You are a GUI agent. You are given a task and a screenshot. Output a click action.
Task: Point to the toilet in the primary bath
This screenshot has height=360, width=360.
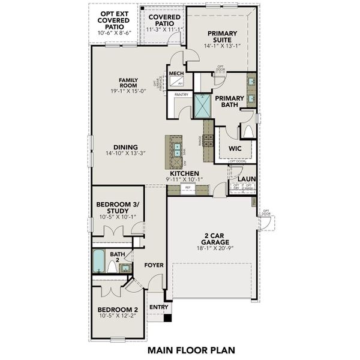pos(247,131)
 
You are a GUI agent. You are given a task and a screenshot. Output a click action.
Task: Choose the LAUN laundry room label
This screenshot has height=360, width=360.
pos(246,178)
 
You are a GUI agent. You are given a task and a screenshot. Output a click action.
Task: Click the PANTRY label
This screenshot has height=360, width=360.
pos(182,95)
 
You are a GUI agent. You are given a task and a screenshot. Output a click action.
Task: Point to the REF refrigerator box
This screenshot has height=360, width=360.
pos(187,188)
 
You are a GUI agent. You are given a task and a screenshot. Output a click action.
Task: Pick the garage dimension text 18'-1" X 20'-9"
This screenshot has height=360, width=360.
pos(213,248)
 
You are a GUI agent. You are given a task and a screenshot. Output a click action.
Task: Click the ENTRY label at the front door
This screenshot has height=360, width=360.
pos(159,307)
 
